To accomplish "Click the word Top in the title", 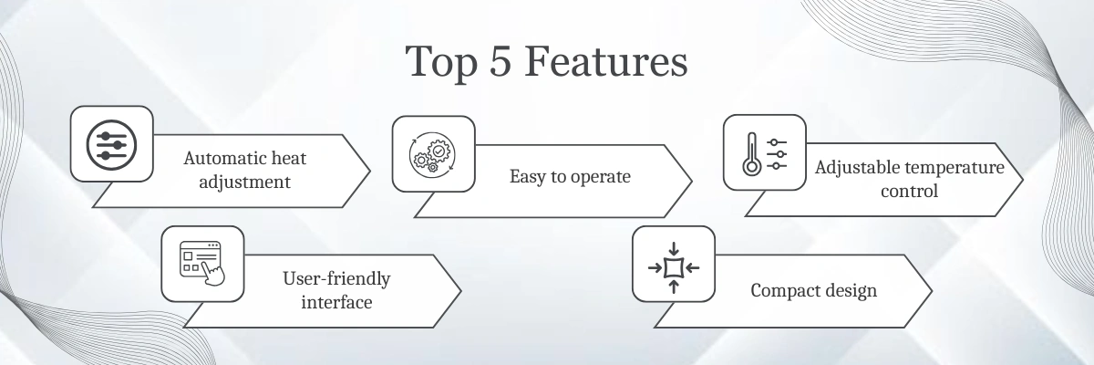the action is [x=441, y=63].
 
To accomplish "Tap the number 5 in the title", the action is [x=501, y=61].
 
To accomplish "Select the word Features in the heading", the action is [x=606, y=61].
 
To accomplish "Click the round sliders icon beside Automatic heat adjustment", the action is [x=111, y=145].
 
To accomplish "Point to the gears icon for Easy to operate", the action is [x=433, y=153].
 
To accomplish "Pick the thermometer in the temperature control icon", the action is [x=751, y=154].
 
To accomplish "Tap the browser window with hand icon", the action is [x=202, y=263].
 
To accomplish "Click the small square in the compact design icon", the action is [x=674, y=267].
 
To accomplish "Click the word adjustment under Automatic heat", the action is [x=244, y=182].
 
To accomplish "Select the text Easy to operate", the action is [x=570, y=176].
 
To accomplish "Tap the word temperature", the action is [x=945, y=168].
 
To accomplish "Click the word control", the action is [x=910, y=191].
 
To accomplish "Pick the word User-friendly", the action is [x=336, y=279].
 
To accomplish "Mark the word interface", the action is [x=336, y=302].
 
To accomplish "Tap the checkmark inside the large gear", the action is [x=439, y=151].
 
